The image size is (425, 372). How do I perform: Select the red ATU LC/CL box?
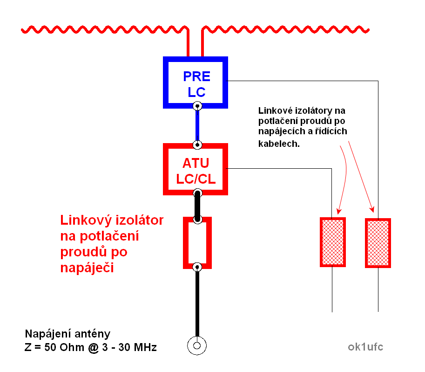(196, 169)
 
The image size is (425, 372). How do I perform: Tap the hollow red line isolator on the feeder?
(197, 242)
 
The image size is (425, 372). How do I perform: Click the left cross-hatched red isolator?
(332, 242)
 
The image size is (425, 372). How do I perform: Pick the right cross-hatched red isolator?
(378, 242)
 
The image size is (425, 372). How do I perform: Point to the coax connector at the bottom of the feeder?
(197, 345)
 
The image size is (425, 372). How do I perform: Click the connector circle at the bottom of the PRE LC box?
(198, 106)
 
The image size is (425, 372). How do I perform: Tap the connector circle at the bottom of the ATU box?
(198, 193)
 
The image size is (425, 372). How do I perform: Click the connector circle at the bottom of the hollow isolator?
(197, 267)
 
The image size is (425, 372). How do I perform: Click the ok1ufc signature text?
(365, 347)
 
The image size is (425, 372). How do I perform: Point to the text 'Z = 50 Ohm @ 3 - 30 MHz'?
(91, 347)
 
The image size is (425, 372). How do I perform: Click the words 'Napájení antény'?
(67, 334)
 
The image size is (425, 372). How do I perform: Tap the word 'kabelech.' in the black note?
(279, 144)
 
